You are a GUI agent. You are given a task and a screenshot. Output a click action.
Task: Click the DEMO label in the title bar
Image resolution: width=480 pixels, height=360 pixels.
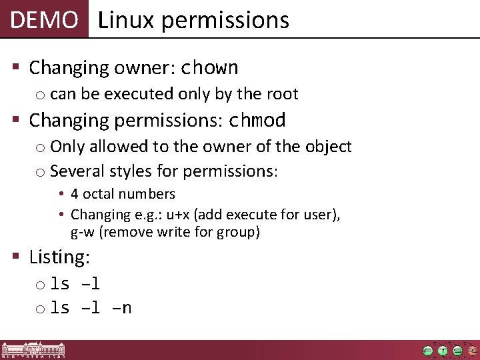pyautogui.click(x=44, y=20)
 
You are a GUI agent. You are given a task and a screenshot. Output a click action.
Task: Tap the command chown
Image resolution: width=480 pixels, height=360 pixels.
pyautogui.click(x=210, y=68)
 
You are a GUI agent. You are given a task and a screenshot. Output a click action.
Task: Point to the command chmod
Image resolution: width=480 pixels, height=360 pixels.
pyautogui.click(x=257, y=121)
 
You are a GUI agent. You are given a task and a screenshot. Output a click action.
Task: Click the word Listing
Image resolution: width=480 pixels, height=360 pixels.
pyautogui.click(x=59, y=257)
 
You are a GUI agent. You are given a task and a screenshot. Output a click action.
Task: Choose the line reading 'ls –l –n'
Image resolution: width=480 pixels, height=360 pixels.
pyautogui.click(x=91, y=307)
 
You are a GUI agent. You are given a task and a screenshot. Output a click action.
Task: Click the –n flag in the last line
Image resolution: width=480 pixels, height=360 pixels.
pyautogui.click(x=122, y=307)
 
